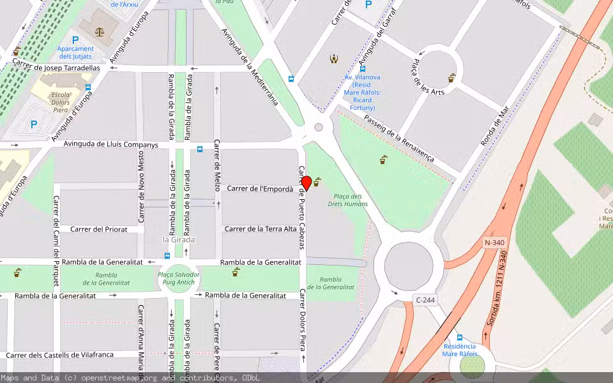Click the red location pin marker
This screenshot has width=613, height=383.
pyautogui.click(x=306, y=184)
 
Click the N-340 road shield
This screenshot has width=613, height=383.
pyautogui.click(x=495, y=243)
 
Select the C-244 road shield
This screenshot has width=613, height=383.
pyautogui.click(x=425, y=299)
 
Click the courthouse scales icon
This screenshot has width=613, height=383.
pyautogui.click(x=99, y=31)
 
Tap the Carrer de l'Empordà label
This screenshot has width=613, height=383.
pyautogui.click(x=260, y=188)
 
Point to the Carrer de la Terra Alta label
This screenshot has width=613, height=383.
pyautogui.click(x=261, y=229)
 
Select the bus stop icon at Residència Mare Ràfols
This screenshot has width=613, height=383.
pyautogui.click(x=459, y=337)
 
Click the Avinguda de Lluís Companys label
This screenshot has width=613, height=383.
pyautogui.click(x=110, y=145)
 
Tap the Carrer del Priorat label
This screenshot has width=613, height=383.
pyautogui.click(x=99, y=229)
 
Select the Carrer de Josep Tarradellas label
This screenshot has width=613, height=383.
pyautogui.click(x=57, y=67)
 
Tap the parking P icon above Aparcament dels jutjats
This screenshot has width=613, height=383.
pyautogui.click(x=75, y=40)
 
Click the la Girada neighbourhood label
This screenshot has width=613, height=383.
pyautogui.click(x=179, y=240)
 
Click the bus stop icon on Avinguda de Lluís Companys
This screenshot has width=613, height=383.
pyautogui.click(x=200, y=149)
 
